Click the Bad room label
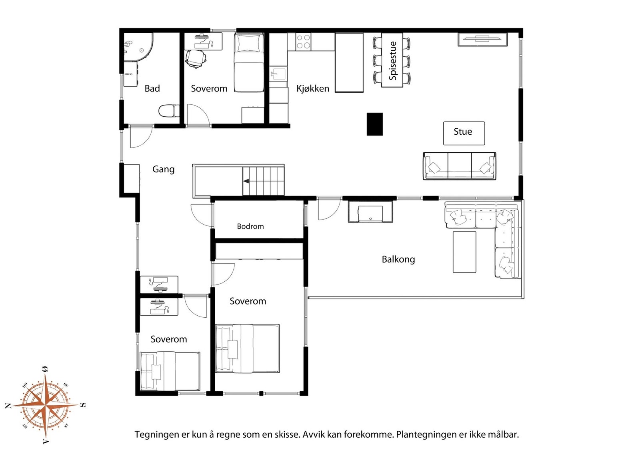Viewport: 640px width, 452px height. tap(152, 88)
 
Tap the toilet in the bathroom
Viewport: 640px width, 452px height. tap(168, 111)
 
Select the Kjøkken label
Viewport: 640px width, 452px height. tap(313, 89)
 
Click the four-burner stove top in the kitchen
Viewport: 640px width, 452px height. tap(303, 42)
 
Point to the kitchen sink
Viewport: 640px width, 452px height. tap(278, 74)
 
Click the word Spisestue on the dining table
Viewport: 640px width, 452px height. tap(393, 61)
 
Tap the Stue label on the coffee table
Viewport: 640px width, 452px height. tap(463, 131)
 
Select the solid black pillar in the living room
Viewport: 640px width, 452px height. tap(374, 124)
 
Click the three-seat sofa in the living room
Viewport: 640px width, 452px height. tap(460, 166)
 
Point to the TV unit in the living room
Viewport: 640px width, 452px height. tap(482, 40)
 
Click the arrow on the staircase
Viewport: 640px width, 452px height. tap(246, 181)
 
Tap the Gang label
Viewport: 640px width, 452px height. tap(164, 169)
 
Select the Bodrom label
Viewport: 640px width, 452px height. tap(250, 227)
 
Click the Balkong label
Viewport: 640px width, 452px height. tap(398, 259)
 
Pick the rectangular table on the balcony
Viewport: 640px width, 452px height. tap(464, 252)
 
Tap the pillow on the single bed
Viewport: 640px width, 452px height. tap(249, 44)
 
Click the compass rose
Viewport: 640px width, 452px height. tap(45, 405)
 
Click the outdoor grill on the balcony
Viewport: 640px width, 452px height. tap(370, 211)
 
